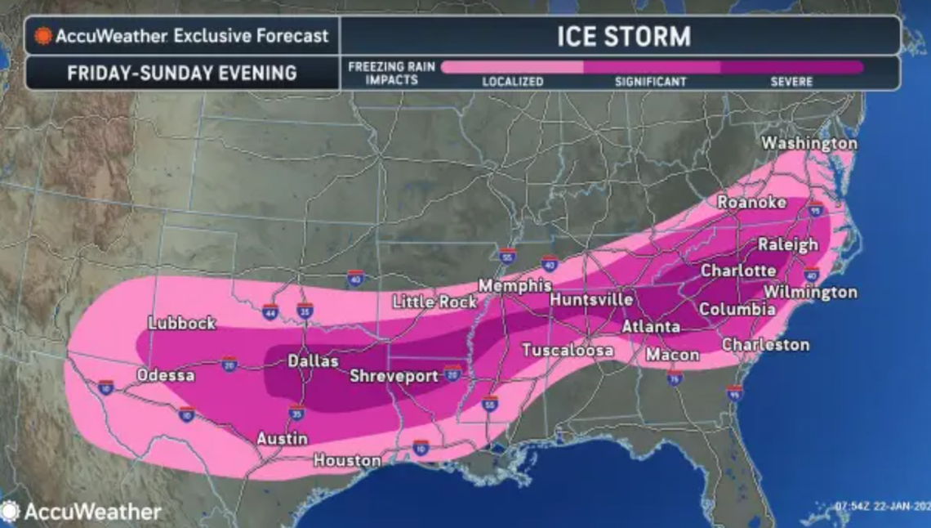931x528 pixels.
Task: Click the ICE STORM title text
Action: pos(623,36)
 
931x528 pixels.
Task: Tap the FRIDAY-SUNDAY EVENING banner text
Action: pos(182,73)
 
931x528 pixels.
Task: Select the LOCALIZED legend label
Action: pos(512,82)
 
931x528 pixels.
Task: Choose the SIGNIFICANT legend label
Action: pos(650,82)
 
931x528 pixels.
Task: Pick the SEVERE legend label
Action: pos(791,82)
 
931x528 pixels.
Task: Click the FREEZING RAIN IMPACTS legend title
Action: pos(391,73)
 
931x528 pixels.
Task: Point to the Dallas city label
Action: pos(313,361)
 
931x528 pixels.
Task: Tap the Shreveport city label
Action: pos(395,377)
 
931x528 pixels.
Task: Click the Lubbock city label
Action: pos(182,324)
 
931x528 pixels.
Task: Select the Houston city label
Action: pos(347,461)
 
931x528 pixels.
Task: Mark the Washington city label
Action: pos(808,144)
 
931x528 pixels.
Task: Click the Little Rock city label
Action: pos(434,302)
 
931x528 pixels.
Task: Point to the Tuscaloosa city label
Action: pos(568,351)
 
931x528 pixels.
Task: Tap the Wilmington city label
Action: pos(810,292)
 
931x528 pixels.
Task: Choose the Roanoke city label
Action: pos(751,203)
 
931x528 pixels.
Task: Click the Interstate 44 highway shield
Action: pos(270,311)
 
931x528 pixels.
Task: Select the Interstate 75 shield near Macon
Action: pos(675,378)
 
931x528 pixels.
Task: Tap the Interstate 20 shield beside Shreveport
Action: pos(453,374)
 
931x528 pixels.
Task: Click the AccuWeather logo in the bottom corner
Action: pos(82,512)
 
